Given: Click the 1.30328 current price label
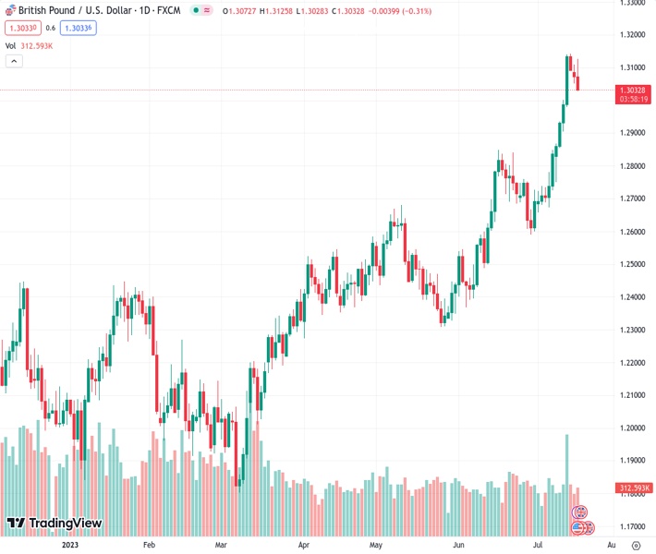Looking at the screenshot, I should coord(635,90).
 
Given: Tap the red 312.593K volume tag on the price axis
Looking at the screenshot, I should coord(635,488).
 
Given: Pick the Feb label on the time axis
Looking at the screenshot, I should coord(149,546).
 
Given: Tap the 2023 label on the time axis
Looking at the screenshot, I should coord(70,546).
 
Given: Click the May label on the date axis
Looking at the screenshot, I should coord(375,546).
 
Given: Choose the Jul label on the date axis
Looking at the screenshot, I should coord(538,546).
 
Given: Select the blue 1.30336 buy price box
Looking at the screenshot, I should coord(78,28).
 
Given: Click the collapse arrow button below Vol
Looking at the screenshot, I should coord(14,61).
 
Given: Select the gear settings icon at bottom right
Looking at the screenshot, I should coord(636,546).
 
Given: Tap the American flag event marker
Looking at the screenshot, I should coord(578,527).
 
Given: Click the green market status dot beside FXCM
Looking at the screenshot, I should coord(196,10).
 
